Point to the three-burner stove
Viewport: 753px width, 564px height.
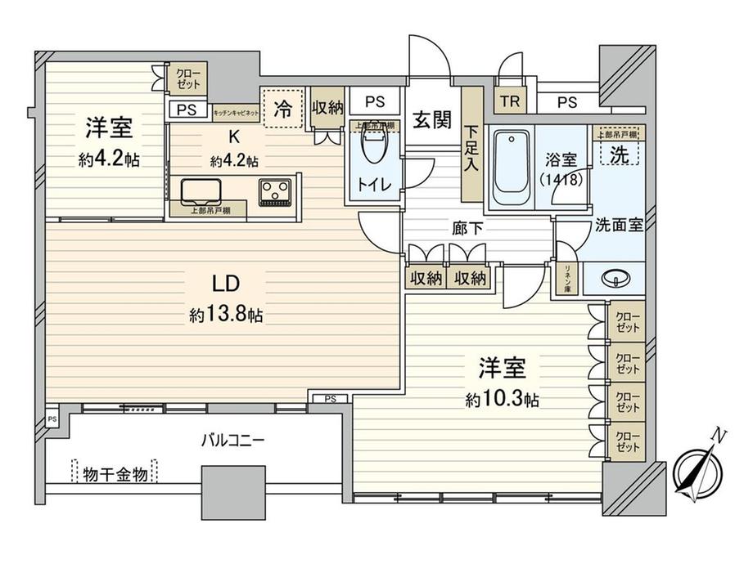275,192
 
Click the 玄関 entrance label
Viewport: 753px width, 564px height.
431,120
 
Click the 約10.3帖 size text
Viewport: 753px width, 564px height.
503,400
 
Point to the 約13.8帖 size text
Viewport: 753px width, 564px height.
226,316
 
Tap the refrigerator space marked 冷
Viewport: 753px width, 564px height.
282,107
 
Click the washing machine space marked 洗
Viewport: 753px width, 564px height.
621,152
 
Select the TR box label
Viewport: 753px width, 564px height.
509,102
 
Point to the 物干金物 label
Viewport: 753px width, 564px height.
115,473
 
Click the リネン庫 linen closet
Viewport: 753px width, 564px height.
565,279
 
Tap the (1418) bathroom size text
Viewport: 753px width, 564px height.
561,181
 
